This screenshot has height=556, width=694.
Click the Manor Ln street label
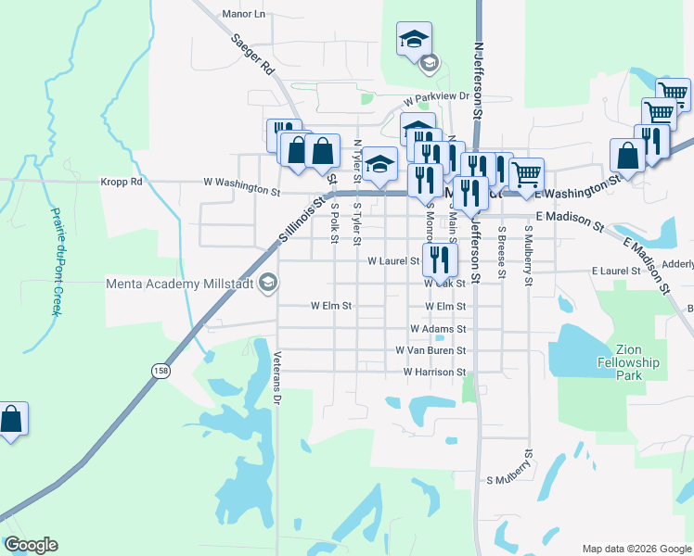(244, 14)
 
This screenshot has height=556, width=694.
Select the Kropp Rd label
(122, 182)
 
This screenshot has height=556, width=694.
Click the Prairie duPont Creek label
(55, 260)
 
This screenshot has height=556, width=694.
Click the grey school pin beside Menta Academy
(268, 283)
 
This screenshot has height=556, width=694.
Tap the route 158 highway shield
(161, 370)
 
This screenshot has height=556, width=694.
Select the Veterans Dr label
(276, 378)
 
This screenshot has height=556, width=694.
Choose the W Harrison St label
(434, 372)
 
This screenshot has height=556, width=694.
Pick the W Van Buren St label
(430, 351)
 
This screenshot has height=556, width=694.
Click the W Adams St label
(437, 329)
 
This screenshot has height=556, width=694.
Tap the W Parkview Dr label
(437, 96)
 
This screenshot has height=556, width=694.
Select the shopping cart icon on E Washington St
(526, 173)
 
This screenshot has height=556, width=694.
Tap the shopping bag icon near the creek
(11, 419)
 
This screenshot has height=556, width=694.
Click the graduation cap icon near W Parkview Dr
(414, 40)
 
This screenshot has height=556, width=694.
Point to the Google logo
(31, 545)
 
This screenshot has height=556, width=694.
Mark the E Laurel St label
(616, 272)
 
